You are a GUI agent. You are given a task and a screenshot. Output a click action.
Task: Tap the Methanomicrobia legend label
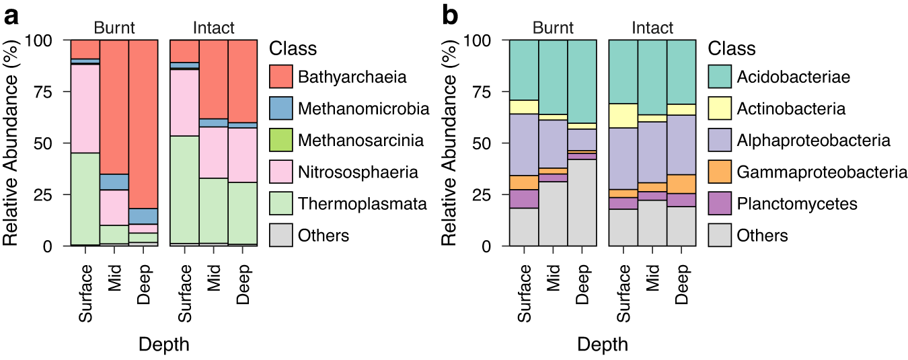coord(363,108)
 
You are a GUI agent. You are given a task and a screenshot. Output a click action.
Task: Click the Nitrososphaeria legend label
coord(358,172)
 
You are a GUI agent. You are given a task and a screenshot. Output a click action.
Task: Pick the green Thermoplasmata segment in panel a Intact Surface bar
coord(184,189)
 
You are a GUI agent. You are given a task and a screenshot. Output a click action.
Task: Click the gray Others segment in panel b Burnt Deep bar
coord(582,203)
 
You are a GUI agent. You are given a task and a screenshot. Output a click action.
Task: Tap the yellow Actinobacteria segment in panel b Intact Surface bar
coord(623,116)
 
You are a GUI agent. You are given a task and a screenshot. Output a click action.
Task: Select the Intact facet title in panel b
coord(652,28)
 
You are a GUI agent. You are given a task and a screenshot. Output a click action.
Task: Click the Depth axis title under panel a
coord(163,345)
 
